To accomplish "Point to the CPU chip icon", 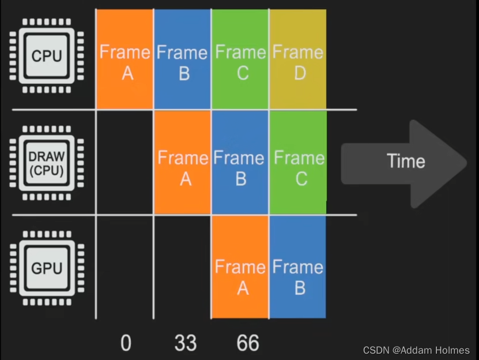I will (46, 56).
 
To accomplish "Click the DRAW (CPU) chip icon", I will (46, 163).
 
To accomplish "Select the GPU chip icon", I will (46, 268).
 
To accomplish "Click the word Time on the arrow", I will (406, 161).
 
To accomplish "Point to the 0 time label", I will (126, 343).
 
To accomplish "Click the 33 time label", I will (185, 343).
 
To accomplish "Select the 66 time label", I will (248, 343).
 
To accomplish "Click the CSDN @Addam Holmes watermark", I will (416, 350).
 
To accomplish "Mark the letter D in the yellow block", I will (299, 74).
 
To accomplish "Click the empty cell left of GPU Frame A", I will (183, 267).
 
